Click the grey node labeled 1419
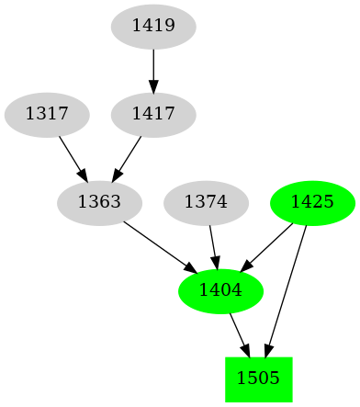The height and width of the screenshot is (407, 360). pos(153,27)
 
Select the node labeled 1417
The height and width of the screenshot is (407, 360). pos(153,115)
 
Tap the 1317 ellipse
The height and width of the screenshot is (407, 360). pos(47,115)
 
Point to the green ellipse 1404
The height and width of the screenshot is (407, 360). pos(220,290)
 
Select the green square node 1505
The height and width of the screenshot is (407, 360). pos(258,379)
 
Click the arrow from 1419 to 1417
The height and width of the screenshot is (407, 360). pos(153,71)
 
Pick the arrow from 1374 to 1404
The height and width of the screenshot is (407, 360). pos(212,244)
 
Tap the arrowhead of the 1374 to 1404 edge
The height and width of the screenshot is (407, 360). pos(216,262)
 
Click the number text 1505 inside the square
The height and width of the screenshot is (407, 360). pos(258,379)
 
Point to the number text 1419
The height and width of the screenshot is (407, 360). pos(153,27)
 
